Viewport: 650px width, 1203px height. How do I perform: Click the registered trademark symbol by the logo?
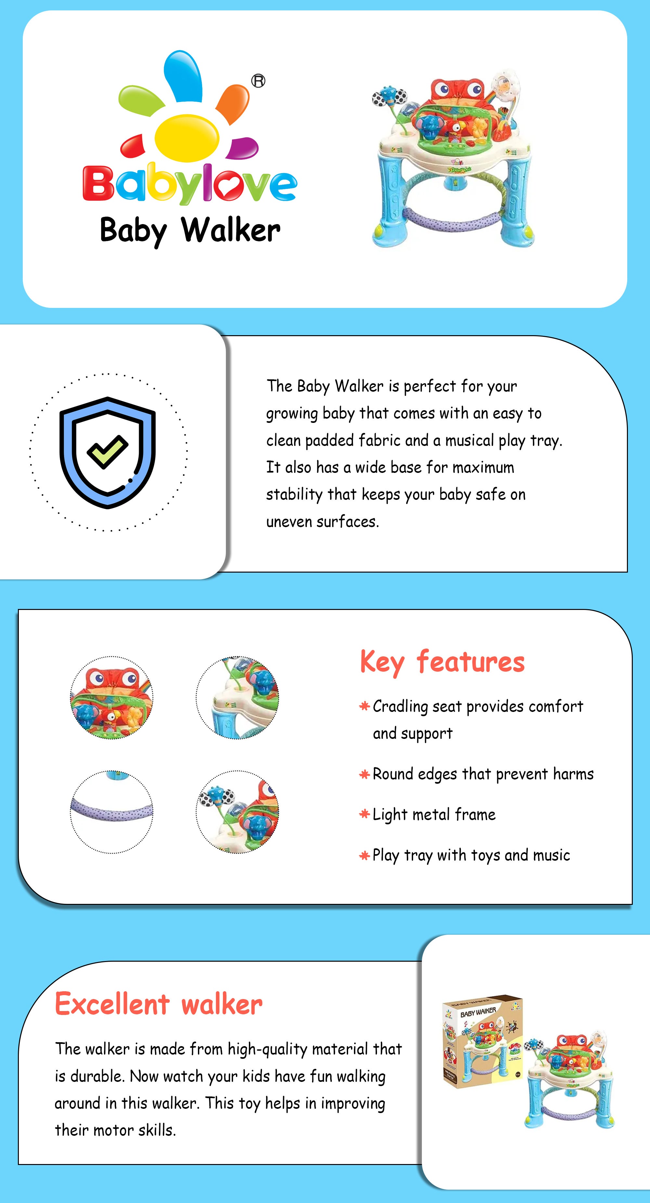pyautogui.click(x=258, y=81)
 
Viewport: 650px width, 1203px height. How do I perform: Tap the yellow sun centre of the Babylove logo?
pyautogui.click(x=187, y=138)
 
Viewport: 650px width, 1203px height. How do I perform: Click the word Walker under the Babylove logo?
pyautogui.click(x=231, y=230)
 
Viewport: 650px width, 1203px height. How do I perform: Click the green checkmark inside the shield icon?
pyautogui.click(x=108, y=451)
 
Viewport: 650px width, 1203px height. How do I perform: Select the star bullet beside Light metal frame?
pyautogui.click(x=364, y=815)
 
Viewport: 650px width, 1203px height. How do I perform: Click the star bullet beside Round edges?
pyautogui.click(x=364, y=774)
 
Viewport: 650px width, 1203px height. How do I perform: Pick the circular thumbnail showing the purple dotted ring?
pyautogui.click(x=112, y=812)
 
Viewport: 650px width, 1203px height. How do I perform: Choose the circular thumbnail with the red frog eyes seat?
pyautogui.click(x=112, y=698)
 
